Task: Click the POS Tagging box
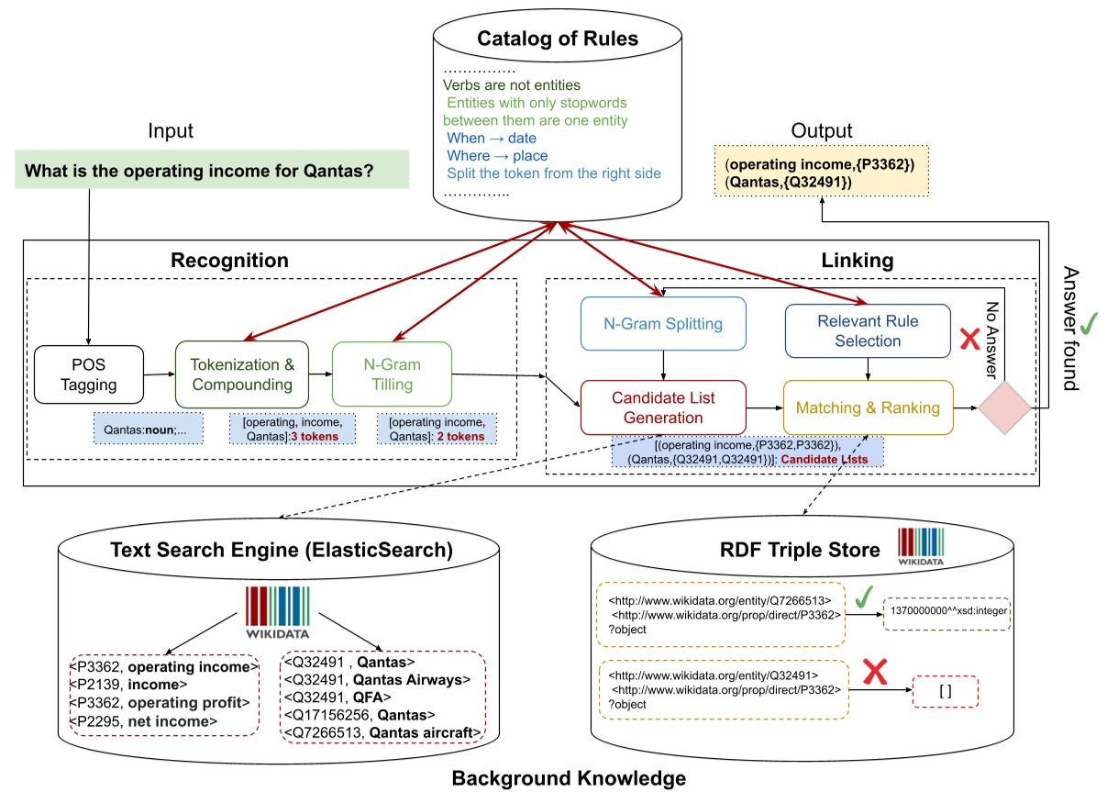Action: click(x=89, y=374)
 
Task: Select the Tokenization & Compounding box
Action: click(x=241, y=374)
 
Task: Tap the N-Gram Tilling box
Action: click(x=392, y=374)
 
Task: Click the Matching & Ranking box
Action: click(x=867, y=407)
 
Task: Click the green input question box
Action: click(x=211, y=171)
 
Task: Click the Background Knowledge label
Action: click(x=569, y=778)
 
